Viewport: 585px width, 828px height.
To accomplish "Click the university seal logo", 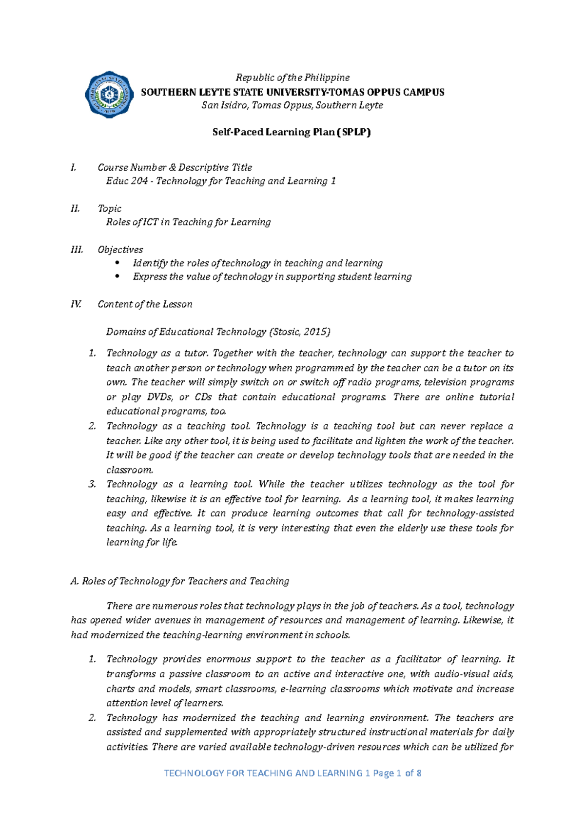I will pos(109,94).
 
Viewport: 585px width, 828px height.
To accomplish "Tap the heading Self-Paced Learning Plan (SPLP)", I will pos(292,132).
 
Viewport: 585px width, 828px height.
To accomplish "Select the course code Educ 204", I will pos(127,181).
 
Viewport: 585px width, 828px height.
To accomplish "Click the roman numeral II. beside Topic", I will pos(75,208).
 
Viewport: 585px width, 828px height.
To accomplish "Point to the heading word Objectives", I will pos(120,250).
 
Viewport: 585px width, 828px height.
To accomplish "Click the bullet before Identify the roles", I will pos(117,263).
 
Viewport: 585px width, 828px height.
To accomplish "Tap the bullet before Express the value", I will pos(117,277).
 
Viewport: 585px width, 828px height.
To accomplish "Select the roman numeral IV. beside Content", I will pos(76,304).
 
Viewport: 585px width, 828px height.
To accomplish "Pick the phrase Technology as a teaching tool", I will pos(178,426).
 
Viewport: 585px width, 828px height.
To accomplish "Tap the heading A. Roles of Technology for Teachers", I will pos(180,581).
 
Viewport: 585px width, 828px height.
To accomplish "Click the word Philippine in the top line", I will pos(327,78).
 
